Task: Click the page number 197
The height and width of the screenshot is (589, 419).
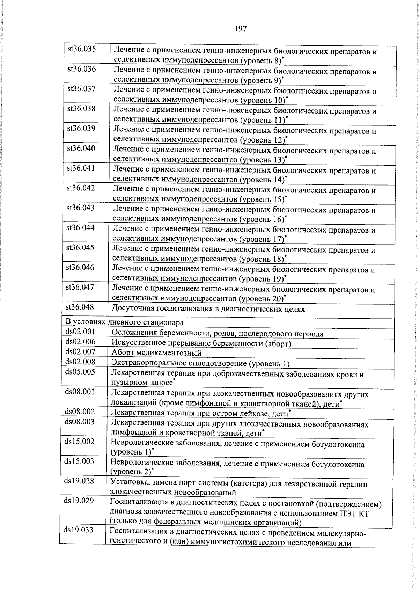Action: click(241, 29)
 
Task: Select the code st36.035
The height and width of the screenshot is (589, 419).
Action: click(82, 49)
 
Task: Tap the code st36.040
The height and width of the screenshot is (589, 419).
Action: click(81, 148)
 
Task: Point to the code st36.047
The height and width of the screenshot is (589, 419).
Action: click(80, 287)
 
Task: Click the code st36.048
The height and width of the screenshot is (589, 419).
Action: click(80, 307)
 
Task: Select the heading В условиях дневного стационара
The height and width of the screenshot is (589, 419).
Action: click(124, 322)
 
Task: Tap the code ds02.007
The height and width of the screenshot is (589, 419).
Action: click(80, 351)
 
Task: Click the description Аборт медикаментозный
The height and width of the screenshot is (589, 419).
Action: click(156, 353)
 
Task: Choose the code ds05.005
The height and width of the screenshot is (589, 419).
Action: click(80, 371)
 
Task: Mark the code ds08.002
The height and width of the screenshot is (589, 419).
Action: click(80, 412)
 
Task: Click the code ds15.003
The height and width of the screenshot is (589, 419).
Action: click(79, 461)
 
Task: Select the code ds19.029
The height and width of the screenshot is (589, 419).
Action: click(79, 501)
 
